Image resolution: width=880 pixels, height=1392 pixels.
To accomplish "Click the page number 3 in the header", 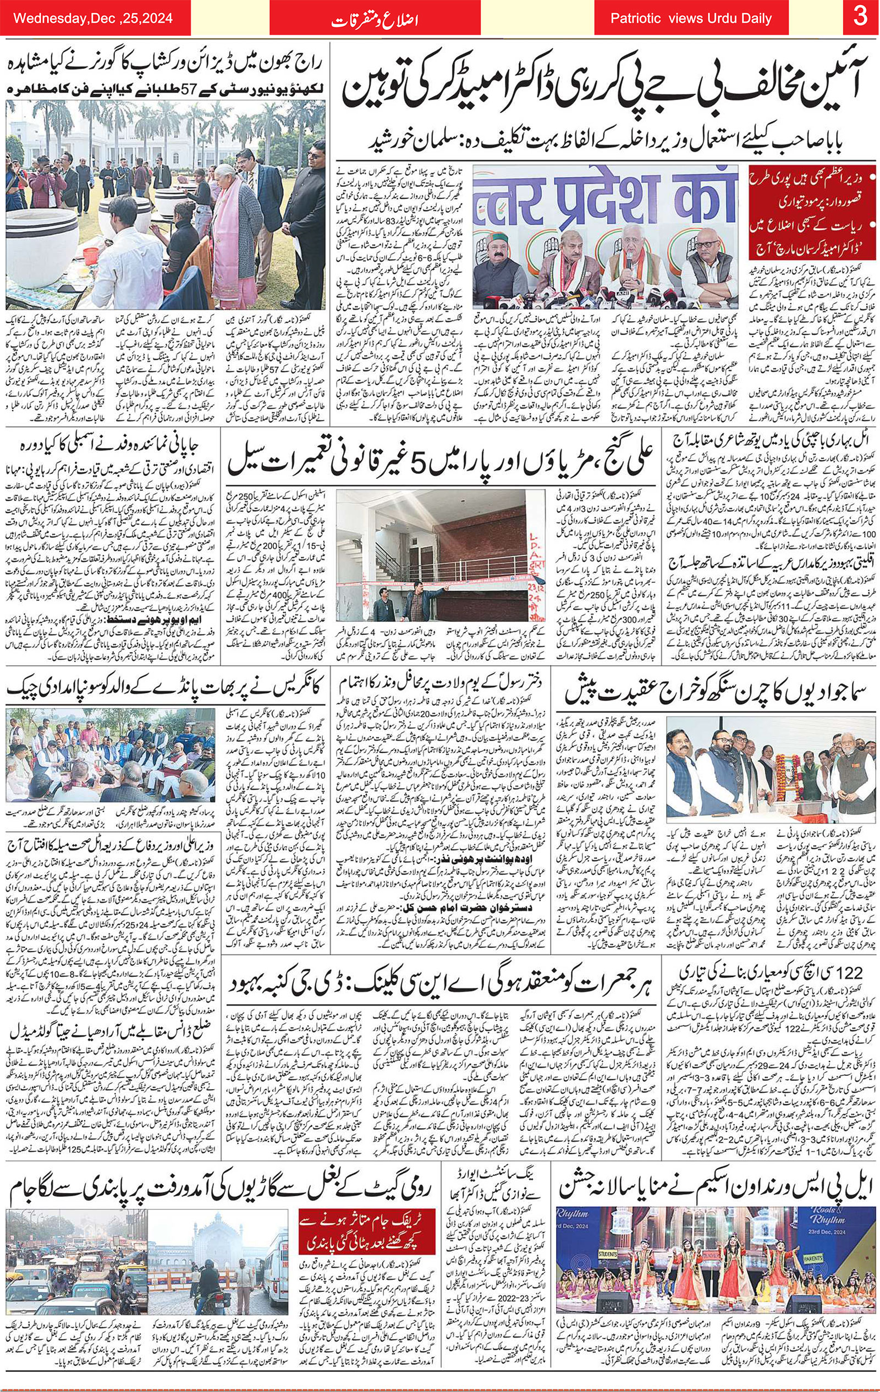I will pos(860,18).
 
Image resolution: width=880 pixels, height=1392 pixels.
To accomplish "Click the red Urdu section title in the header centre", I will pos(375,21).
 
